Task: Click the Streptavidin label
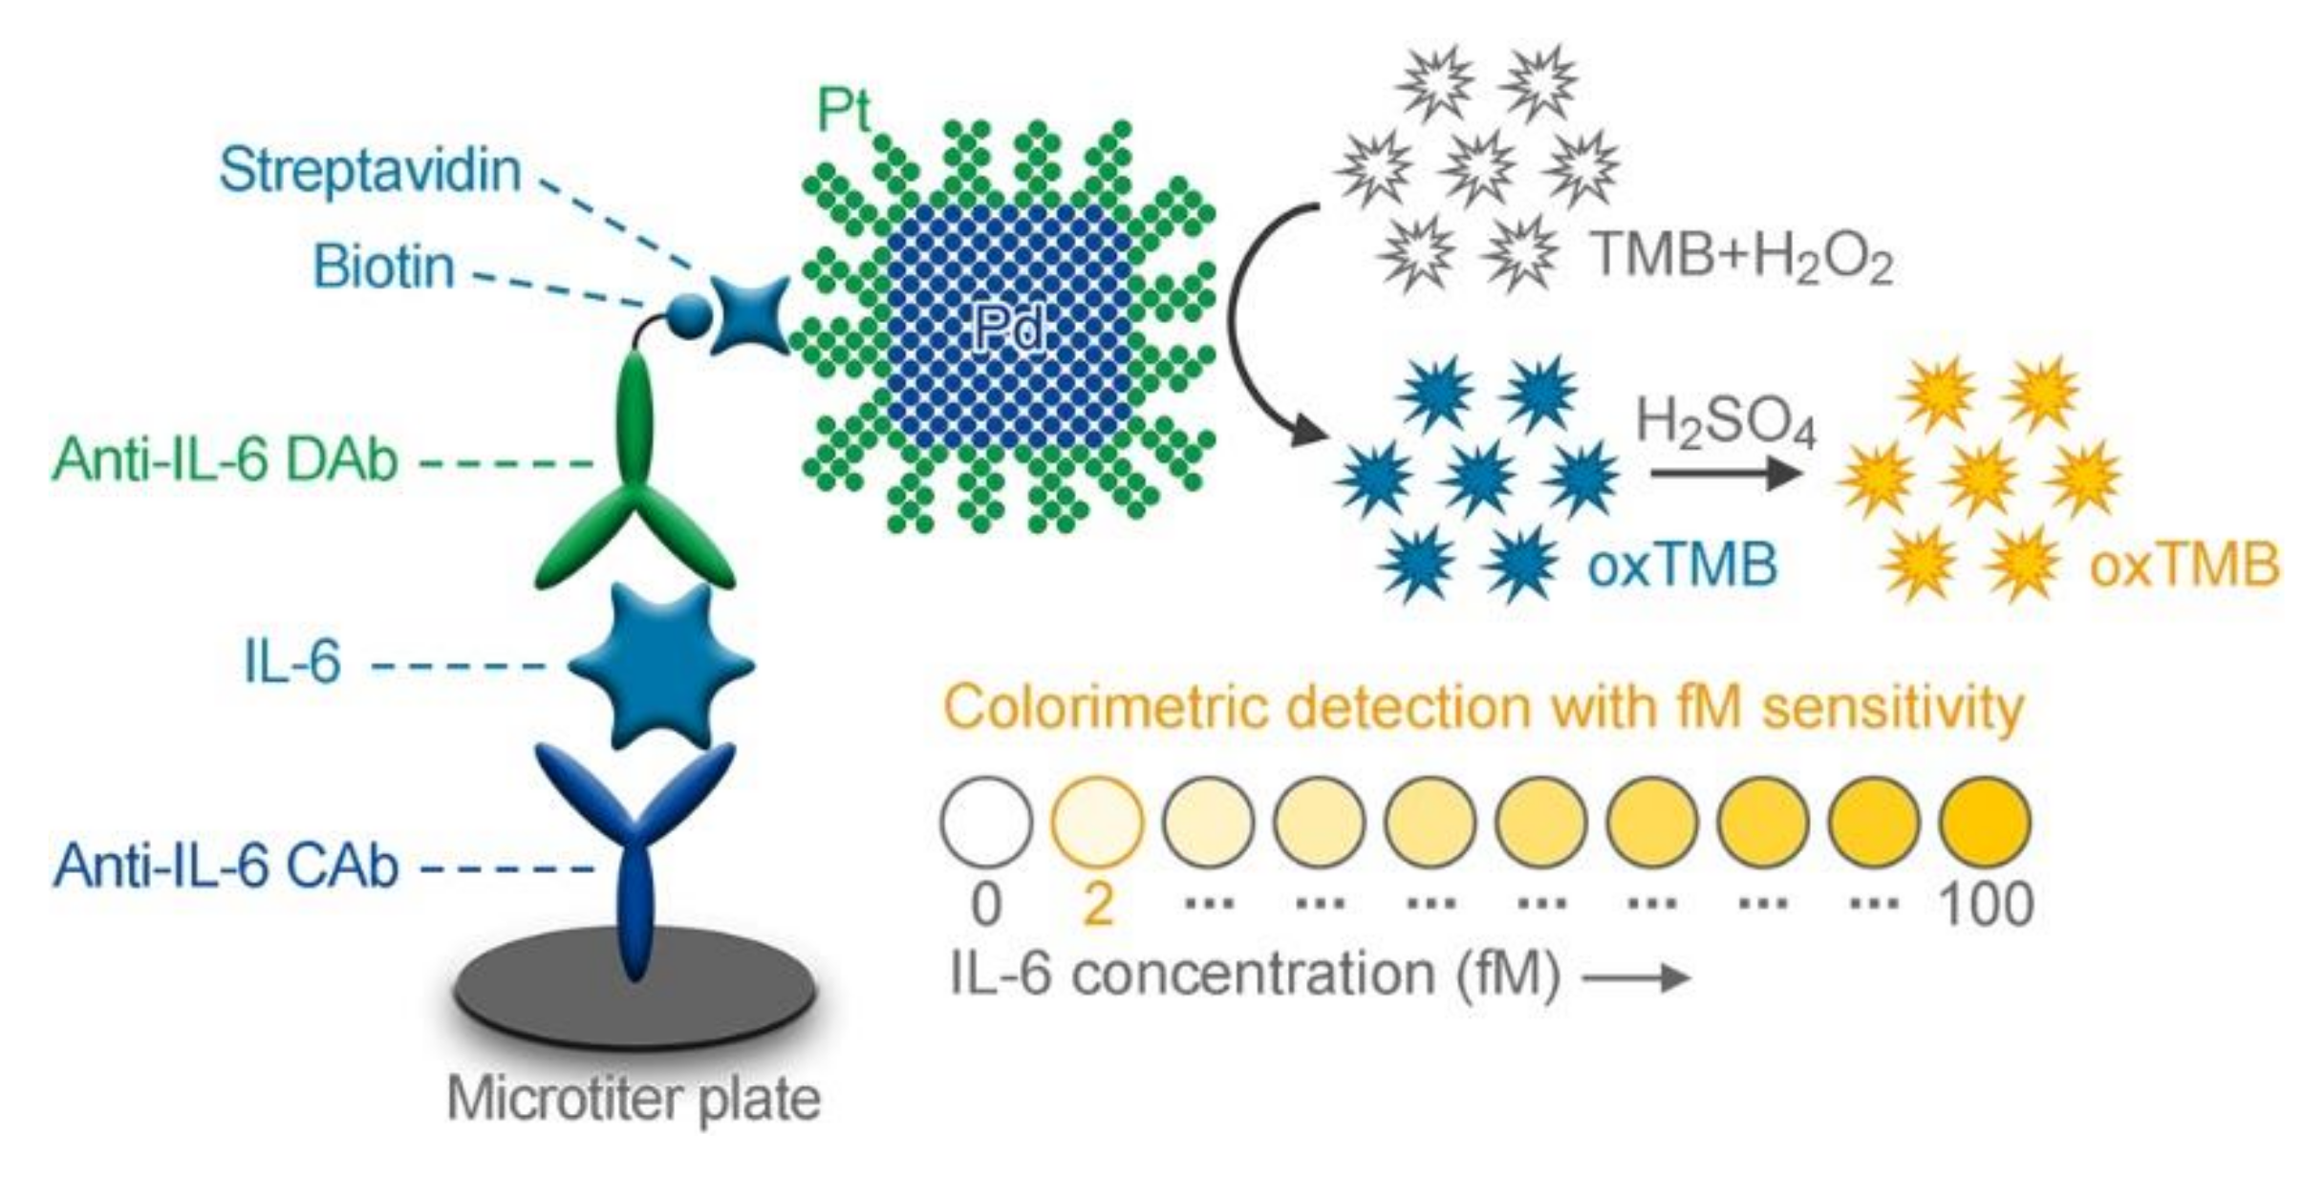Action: point(370,172)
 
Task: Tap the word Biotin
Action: point(384,267)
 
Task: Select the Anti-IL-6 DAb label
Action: point(226,460)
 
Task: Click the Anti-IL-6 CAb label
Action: point(226,867)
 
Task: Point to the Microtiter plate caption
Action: point(634,1099)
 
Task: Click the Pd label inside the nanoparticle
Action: point(1009,331)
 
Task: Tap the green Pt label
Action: point(843,111)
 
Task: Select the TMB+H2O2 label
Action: point(1741,258)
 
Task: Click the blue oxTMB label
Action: point(1682,566)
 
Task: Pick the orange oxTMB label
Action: point(2184,566)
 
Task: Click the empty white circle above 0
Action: point(986,822)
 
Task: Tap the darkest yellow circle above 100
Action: point(1986,822)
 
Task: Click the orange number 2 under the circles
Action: point(1097,903)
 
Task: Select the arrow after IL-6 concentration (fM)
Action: point(1636,976)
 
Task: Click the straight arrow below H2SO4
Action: point(1726,473)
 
